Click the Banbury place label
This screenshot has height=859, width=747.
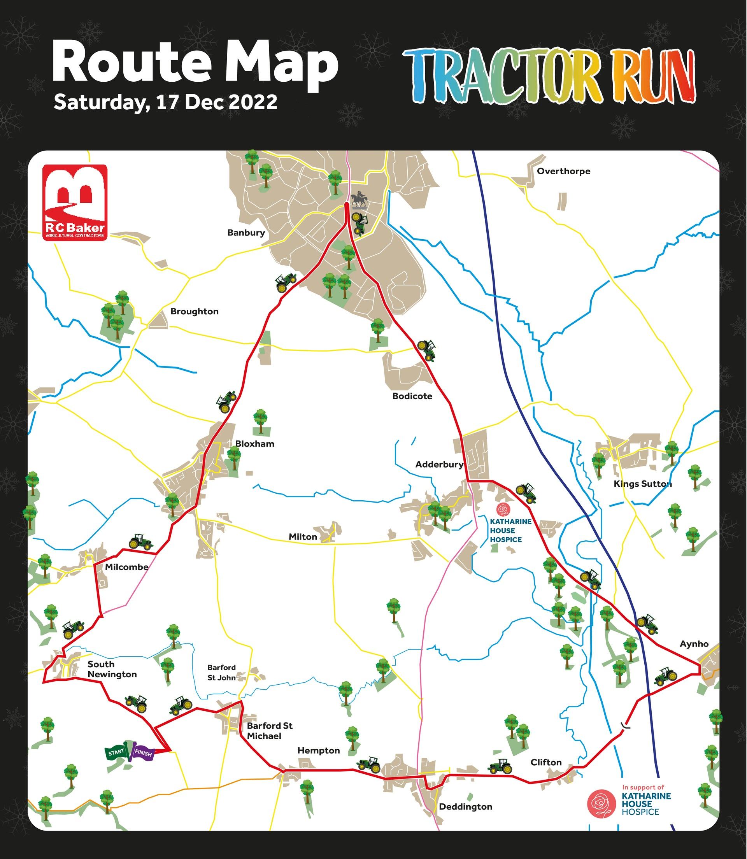246,233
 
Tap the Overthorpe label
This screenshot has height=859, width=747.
563,171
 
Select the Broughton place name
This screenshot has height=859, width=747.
194,311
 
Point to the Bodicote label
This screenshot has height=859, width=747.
412,396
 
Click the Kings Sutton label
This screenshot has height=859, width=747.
642,484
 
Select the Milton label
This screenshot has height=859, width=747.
303,537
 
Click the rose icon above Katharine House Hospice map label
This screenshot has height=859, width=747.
503,509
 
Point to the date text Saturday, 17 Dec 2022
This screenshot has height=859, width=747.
165,102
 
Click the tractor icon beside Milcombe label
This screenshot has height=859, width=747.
140,542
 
